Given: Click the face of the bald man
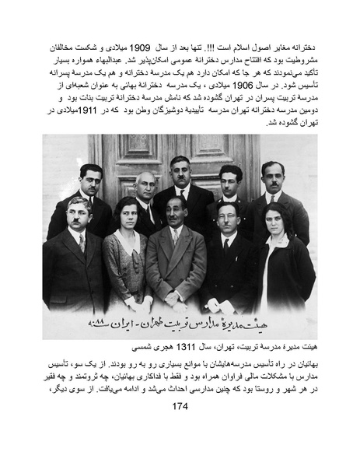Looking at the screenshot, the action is coord(145,187).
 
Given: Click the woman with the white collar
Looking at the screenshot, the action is coord(124,249).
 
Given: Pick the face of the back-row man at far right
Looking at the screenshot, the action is coord(273,177).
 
